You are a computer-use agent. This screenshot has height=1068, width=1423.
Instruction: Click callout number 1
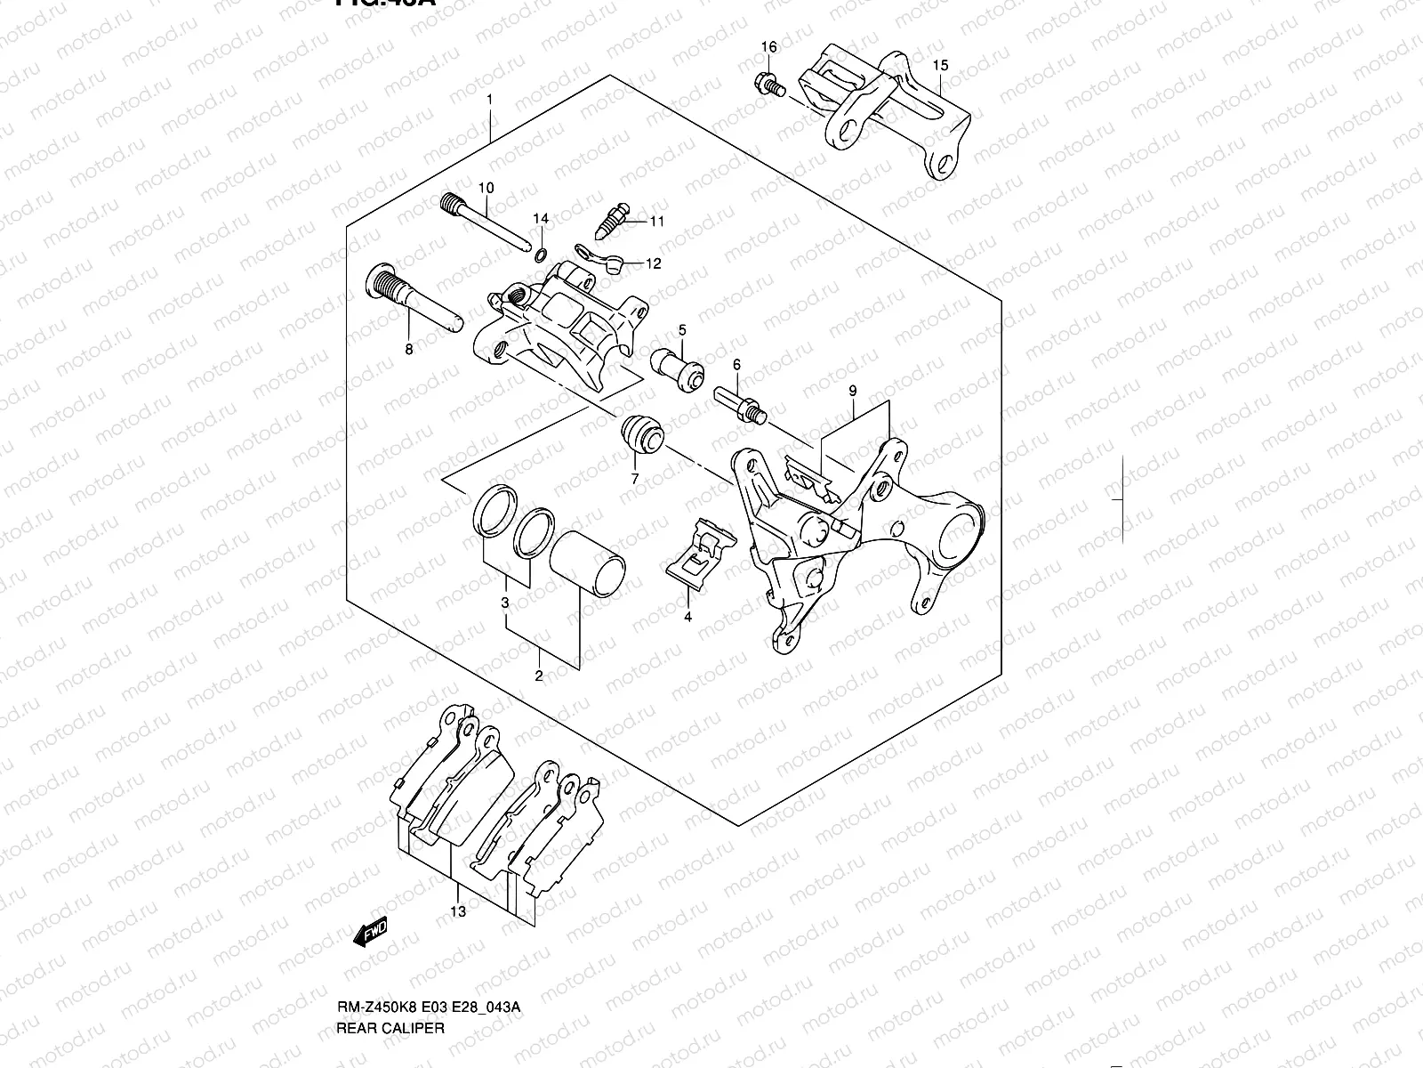coord(489,98)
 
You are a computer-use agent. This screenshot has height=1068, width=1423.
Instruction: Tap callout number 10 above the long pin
coord(486,188)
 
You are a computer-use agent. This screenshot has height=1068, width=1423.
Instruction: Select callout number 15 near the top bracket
coord(940,65)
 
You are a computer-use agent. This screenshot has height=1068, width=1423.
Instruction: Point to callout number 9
coord(852,391)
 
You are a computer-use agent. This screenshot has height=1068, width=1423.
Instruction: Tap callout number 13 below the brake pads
coord(458,911)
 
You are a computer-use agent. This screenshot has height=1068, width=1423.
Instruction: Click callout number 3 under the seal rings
coord(505,603)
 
